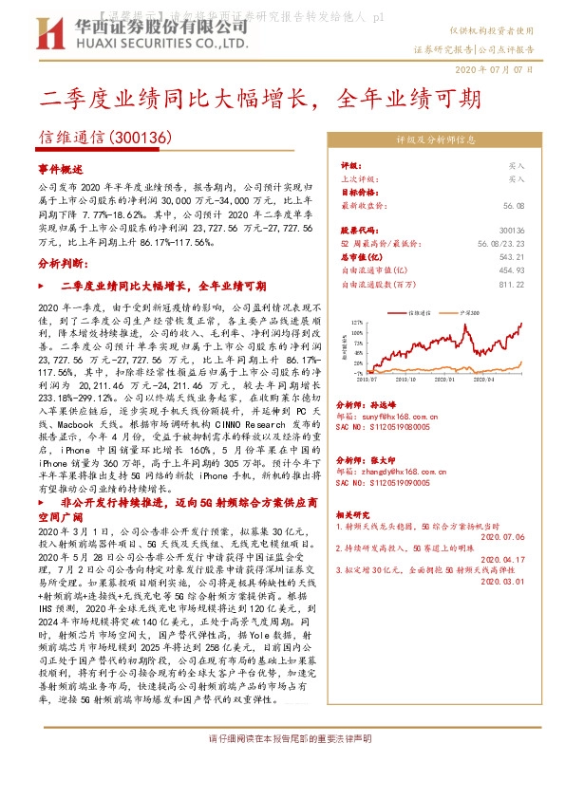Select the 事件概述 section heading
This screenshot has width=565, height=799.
coord(62,166)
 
